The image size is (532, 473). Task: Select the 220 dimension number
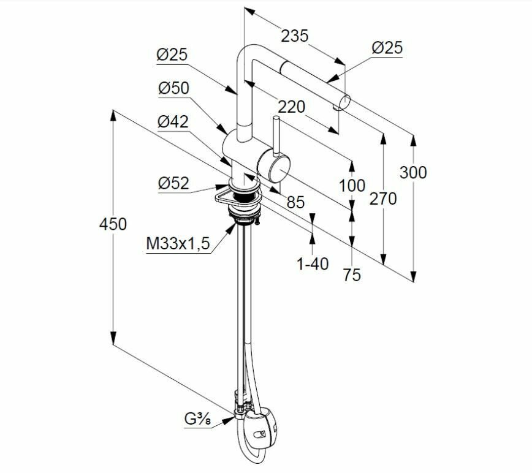tap(291, 107)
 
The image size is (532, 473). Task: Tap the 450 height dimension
tap(113, 224)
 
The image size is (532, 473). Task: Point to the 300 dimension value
tap(413, 172)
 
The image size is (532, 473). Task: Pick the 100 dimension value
tap(352, 185)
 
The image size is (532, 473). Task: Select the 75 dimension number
tap(352, 275)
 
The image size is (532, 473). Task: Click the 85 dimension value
tap(296, 202)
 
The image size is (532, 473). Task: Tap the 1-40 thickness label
tap(313, 263)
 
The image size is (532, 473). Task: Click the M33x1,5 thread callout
tap(178, 244)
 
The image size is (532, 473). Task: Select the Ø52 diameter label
tap(173, 183)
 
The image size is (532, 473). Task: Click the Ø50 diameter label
tap(173, 88)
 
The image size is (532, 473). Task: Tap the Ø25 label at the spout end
tap(387, 47)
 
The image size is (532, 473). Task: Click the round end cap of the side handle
tap(271, 166)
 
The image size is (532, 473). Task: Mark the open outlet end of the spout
tap(346, 101)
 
